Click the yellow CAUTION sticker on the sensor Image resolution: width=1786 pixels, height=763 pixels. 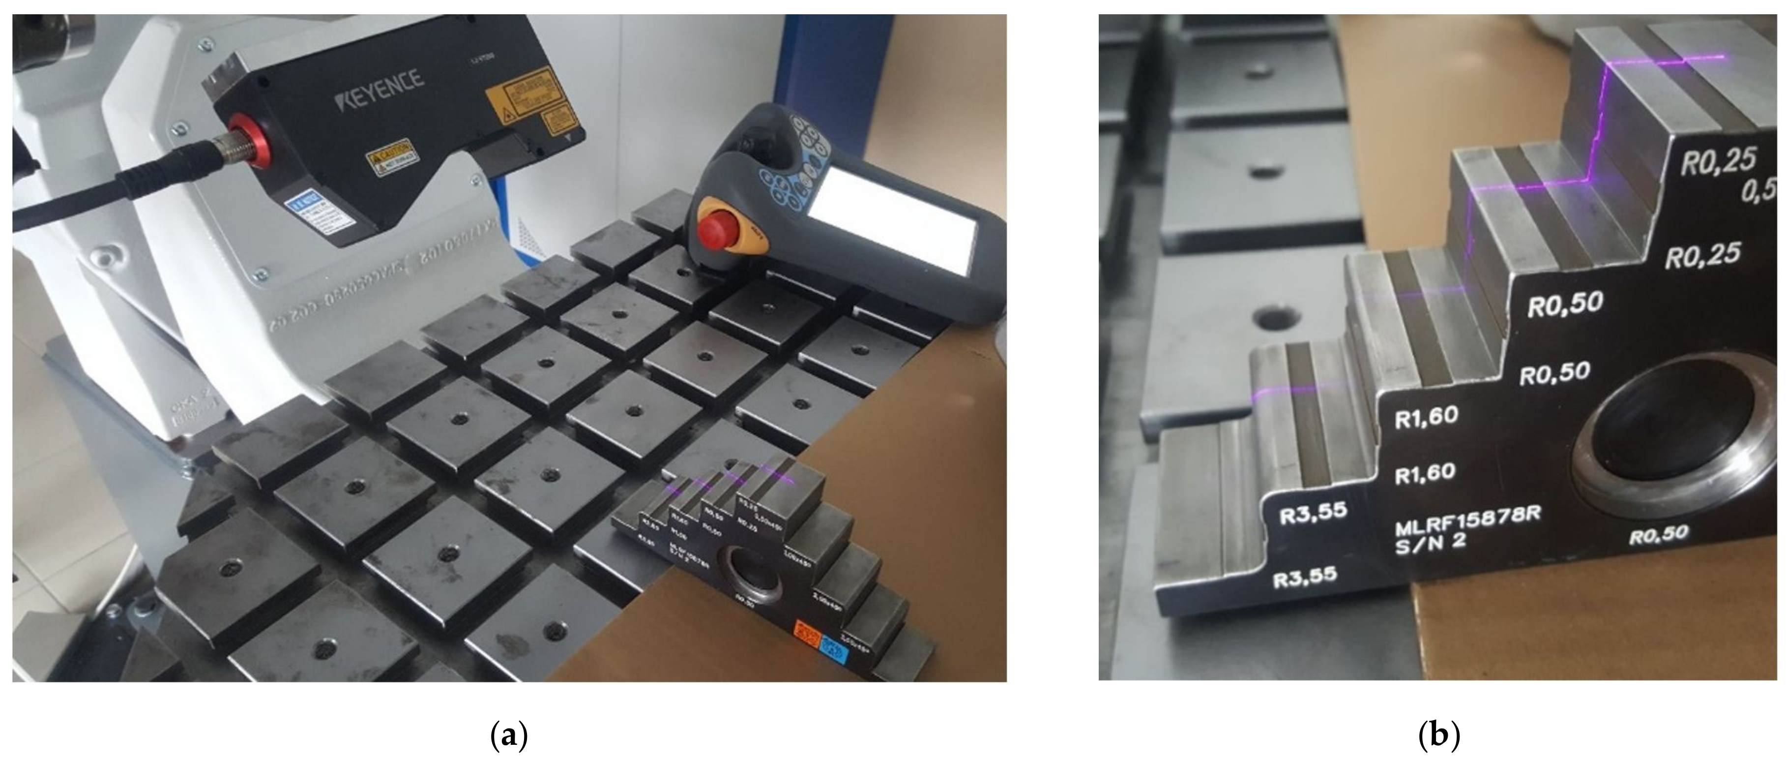coord(390,157)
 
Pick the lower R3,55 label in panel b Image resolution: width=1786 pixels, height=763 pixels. coord(1306,577)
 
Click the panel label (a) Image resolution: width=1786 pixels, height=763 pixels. coord(509,735)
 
